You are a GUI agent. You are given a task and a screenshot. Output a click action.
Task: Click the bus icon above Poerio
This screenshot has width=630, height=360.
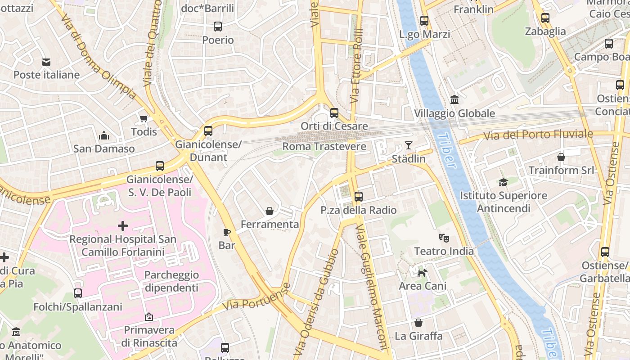coord(218,26)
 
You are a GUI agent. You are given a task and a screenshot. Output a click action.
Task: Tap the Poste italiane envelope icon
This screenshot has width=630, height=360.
coord(46,62)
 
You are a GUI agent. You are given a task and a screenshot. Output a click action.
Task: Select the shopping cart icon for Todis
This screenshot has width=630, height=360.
coord(144,119)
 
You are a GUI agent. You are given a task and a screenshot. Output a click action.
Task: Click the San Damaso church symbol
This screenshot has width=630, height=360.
coord(104,135)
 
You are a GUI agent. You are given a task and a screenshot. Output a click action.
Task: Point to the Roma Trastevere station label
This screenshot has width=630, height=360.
coord(324,147)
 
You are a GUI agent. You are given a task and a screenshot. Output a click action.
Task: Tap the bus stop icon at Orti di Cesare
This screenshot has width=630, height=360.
coord(334,112)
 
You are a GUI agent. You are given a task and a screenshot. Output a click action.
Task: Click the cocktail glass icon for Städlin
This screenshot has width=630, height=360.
coord(408,145)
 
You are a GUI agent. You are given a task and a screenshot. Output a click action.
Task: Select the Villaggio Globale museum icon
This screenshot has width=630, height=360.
coord(454,99)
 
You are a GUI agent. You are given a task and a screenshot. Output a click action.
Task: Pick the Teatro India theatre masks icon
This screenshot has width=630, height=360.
coord(444,237)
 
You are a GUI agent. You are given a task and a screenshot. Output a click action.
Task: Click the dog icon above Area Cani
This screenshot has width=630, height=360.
coord(422,272)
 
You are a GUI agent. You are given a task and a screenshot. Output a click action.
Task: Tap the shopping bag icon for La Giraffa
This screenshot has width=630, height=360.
coord(418,323)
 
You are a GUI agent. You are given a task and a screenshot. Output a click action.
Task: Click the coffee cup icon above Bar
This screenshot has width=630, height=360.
coord(227,232)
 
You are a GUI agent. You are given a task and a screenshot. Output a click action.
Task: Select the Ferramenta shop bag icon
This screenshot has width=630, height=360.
coord(270,211)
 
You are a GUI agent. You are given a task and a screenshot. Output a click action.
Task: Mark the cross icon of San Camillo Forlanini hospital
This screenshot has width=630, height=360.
coord(123,225)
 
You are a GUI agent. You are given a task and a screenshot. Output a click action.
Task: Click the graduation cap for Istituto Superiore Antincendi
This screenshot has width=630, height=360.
coord(503,182)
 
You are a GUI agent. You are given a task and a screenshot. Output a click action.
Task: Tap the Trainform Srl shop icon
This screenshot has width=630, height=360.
coord(561,157)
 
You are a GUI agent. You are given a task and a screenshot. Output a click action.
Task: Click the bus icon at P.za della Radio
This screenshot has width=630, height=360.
coord(358,196)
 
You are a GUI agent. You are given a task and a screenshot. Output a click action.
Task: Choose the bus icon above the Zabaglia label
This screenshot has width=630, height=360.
coord(545,18)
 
